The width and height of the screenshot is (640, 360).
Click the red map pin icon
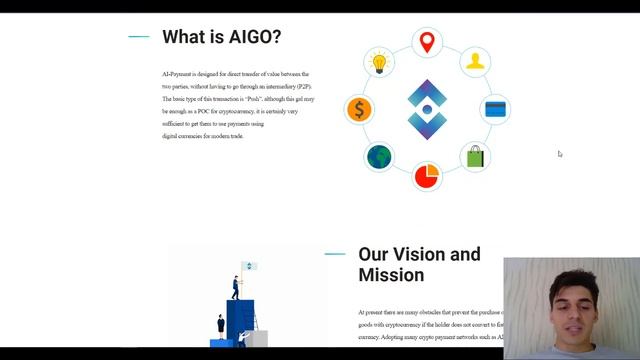coord(427,43)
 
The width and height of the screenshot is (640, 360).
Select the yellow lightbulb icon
coord(379,62)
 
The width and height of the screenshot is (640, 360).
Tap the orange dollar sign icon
coord(360,109)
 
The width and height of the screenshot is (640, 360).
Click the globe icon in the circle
coord(379,156)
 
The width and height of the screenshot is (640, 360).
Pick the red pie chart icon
coord(427,175)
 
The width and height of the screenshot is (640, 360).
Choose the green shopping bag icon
coord(475,156)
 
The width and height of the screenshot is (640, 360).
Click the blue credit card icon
coord(494,109)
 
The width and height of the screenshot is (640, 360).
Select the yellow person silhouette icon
coord(475,62)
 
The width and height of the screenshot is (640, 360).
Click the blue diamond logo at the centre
coord(427,109)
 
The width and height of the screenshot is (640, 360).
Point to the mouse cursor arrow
coord(560,154)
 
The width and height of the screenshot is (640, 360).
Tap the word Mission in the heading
coord(391,275)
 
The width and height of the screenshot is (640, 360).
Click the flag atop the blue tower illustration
coord(249,266)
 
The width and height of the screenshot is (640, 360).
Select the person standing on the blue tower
coord(236,288)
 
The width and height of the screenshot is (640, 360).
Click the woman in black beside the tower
coord(221,325)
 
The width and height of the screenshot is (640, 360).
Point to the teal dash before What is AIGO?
coord(139,37)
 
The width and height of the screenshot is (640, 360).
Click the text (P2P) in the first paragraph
coord(302,87)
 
